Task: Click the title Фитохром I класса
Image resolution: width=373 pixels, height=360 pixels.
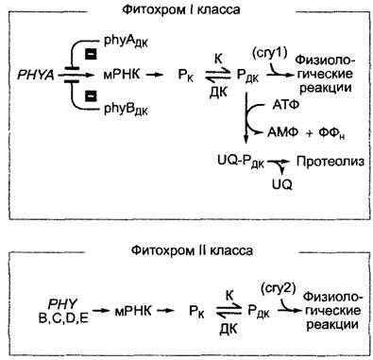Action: point(181,9)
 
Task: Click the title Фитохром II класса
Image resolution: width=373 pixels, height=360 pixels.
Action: point(192,250)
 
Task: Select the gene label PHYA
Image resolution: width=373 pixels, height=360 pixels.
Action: point(36,76)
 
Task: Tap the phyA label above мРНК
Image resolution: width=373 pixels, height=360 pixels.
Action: point(126,42)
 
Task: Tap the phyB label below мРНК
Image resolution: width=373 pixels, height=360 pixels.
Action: point(126,110)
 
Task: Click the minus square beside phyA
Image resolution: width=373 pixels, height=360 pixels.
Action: point(91,54)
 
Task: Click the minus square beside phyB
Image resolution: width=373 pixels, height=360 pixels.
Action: point(91,95)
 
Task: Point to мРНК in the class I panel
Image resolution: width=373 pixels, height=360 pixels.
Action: point(122,75)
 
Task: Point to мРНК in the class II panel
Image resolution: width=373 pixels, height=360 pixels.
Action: point(133,311)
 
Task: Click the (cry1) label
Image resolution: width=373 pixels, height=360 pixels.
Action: point(270,54)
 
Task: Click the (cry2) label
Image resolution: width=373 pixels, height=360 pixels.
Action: point(279,288)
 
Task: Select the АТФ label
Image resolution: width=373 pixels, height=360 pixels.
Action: point(285,105)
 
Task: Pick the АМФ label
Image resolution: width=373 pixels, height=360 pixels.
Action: point(282,132)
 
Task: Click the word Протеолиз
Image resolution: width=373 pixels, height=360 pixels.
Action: point(331,162)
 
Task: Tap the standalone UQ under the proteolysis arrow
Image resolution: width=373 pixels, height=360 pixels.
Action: point(282,184)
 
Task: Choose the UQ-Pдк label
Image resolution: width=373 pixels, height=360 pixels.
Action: point(241,162)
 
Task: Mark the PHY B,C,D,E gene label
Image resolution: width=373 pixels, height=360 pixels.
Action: point(63,312)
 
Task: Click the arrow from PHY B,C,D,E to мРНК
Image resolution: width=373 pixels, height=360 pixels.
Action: point(100,311)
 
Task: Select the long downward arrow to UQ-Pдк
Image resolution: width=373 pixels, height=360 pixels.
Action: point(246,118)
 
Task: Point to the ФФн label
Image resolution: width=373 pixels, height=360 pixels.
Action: point(331,133)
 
